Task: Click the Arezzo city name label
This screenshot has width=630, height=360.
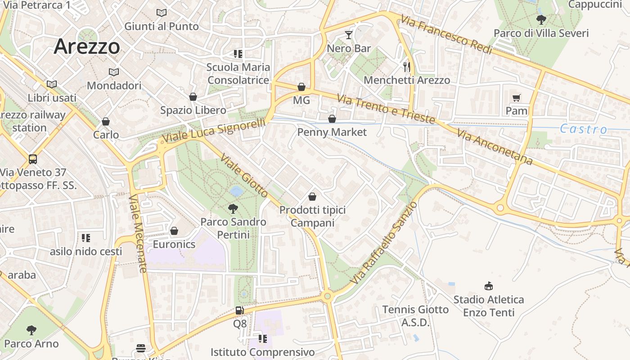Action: [x=87, y=47]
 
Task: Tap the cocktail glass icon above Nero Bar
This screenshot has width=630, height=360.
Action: [x=349, y=35]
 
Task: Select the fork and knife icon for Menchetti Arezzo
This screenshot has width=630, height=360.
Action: [x=407, y=67]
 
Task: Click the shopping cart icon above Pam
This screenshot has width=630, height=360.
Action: [x=516, y=98]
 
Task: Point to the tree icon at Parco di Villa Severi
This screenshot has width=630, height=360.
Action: [x=541, y=20]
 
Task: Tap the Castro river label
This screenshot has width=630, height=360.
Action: [x=583, y=130]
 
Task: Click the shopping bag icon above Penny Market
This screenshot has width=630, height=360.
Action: [x=332, y=119]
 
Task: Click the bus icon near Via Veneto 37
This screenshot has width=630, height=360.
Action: [x=33, y=159]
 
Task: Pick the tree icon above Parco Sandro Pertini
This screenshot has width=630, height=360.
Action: [x=233, y=208]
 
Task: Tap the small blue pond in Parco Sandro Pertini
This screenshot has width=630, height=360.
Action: [x=236, y=192]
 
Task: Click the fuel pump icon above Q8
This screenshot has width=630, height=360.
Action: [x=239, y=310]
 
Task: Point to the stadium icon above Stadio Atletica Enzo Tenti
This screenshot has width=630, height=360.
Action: [x=488, y=286]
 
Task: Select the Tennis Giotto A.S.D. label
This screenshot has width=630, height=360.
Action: [x=415, y=316]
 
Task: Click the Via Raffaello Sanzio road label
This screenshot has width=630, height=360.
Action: [x=384, y=243]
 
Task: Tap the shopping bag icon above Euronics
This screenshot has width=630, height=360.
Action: [x=174, y=231]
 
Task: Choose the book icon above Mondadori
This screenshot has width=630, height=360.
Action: [x=114, y=72]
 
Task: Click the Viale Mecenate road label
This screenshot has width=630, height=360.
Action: [x=138, y=234]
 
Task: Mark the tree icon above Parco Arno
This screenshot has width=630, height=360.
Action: [x=31, y=330]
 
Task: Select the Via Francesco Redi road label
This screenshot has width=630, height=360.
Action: [x=446, y=35]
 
